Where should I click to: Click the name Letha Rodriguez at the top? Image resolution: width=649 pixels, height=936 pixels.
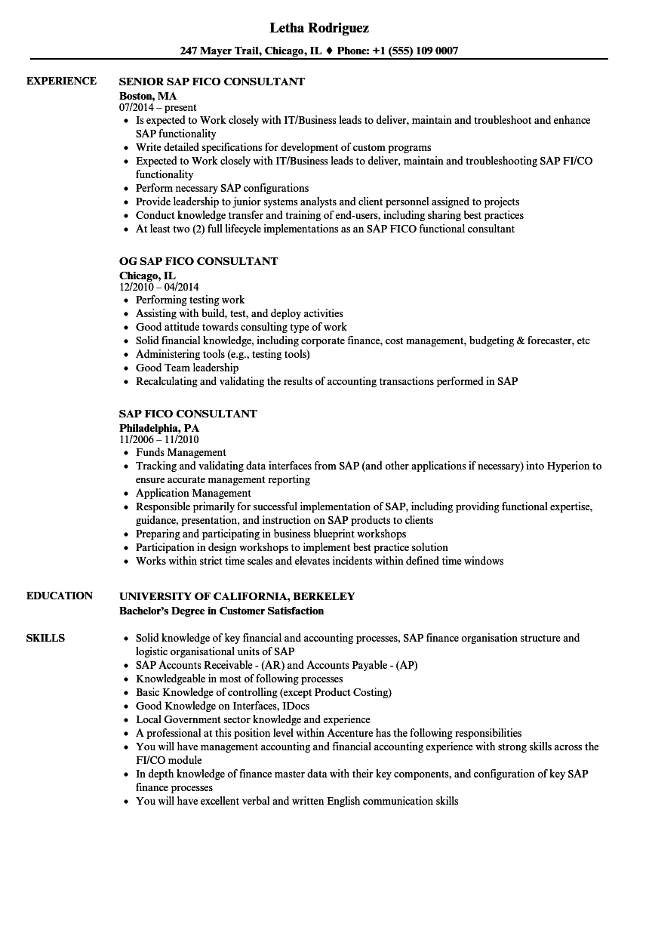pos(318,28)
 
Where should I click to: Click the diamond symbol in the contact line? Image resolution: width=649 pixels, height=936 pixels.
pos(328,51)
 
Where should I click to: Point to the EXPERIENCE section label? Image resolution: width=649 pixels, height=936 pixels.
pos(61,81)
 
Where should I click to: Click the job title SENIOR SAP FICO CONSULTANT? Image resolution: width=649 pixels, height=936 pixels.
pos(211,81)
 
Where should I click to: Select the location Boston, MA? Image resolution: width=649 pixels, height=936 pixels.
pos(147,96)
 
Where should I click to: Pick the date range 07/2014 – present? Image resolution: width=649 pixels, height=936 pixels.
pos(158,108)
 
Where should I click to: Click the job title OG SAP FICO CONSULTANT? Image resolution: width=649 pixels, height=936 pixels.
pos(198,261)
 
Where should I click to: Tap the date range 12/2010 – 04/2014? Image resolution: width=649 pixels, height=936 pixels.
pos(158,288)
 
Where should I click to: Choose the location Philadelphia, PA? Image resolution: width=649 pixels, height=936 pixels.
pos(159,428)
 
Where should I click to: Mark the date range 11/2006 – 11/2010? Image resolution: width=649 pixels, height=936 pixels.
pos(158,440)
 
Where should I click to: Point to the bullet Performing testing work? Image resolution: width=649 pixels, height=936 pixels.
pos(190,300)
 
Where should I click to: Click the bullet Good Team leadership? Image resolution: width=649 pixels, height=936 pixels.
pos(186,368)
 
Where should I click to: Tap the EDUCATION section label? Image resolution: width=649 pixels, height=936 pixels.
pos(60,596)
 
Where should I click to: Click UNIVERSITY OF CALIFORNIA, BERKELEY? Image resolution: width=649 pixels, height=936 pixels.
pos(237,596)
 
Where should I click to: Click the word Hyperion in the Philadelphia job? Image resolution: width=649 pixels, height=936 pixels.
pos(567,466)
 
